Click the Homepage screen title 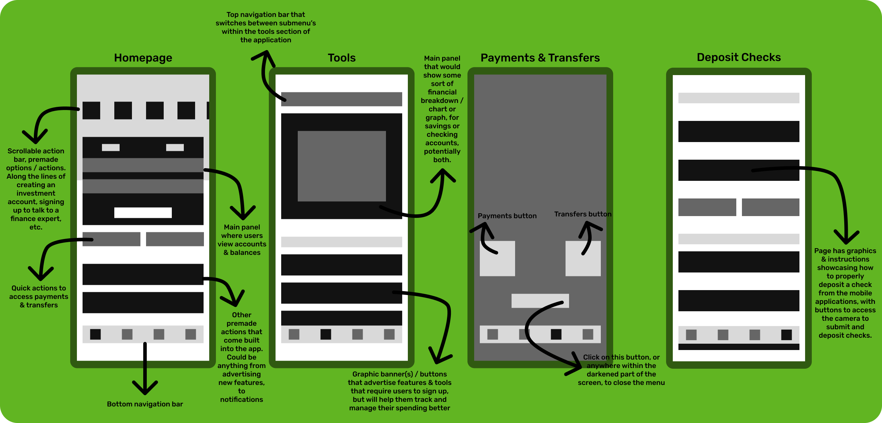(143, 58)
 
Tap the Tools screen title (342, 58)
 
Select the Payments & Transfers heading (540, 58)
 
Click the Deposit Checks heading (738, 57)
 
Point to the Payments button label (507, 216)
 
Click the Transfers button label (582, 214)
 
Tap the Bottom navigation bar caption (145, 404)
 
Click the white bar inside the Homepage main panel (143, 213)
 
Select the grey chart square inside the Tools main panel (342, 166)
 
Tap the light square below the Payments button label (497, 258)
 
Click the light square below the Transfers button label (583, 258)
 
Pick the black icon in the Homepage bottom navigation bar (95, 334)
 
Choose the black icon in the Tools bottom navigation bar (326, 334)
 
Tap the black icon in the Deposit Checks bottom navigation (786, 335)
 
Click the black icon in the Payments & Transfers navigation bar (556, 334)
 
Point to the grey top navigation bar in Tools (342, 99)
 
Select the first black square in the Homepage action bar (91, 110)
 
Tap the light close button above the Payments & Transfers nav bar (540, 301)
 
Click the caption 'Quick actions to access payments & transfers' (39, 296)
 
